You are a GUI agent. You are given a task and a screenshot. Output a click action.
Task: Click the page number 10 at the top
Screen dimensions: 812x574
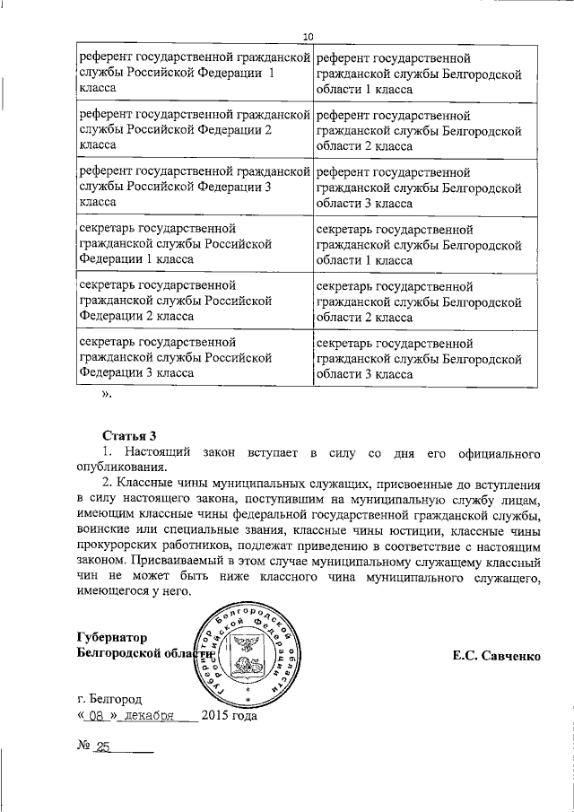[x=308, y=36]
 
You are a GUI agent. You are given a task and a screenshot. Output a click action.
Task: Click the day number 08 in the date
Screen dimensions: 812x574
[x=97, y=716]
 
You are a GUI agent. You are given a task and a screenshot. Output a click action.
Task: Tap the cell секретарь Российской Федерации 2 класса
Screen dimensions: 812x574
[x=194, y=301]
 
